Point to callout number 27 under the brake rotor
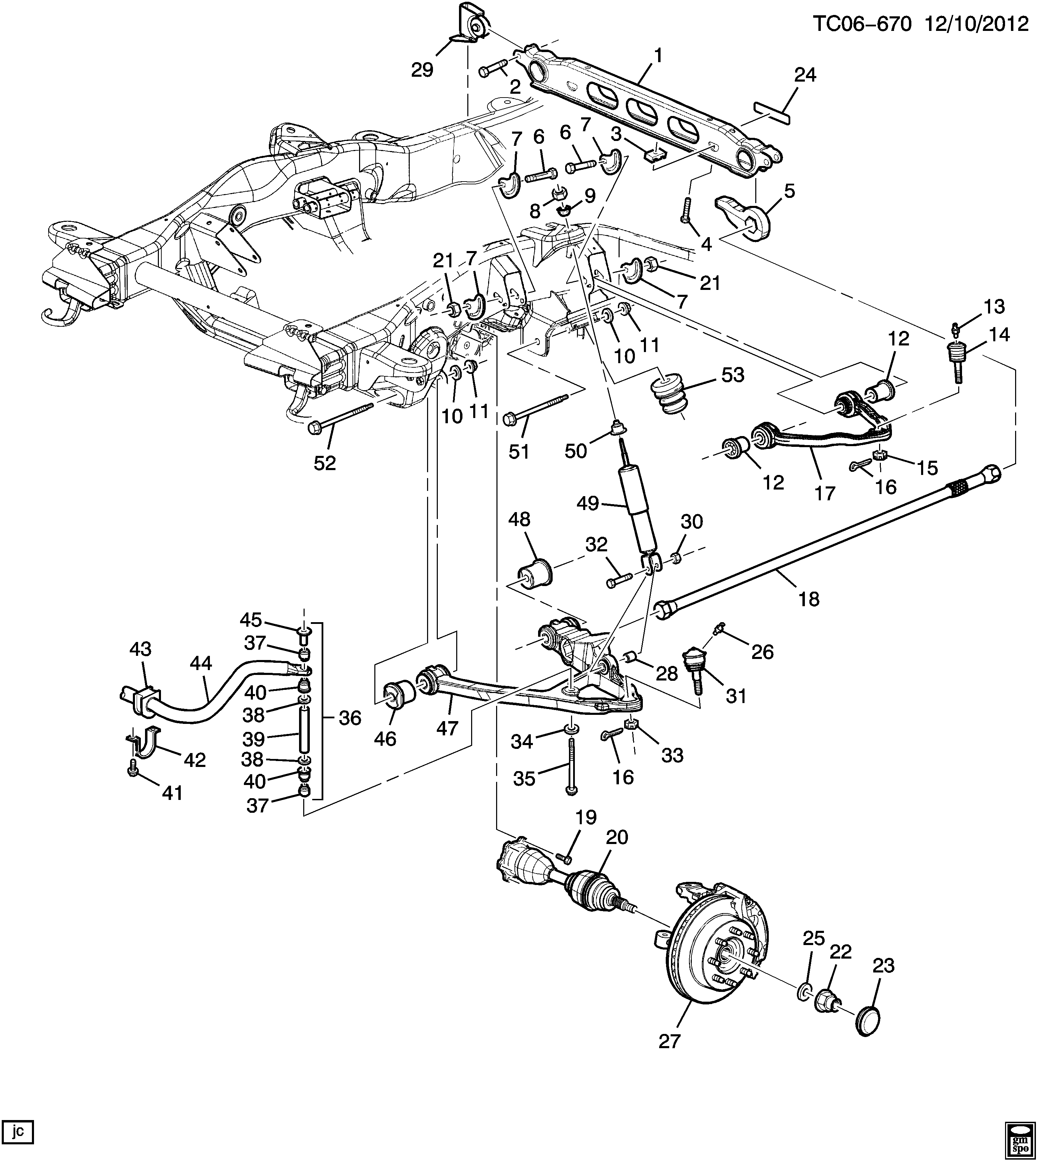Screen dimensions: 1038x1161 [x=670, y=1041]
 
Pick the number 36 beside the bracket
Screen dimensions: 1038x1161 [x=350, y=718]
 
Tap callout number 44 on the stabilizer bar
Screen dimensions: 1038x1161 [x=201, y=663]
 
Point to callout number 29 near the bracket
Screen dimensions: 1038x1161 [x=423, y=70]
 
